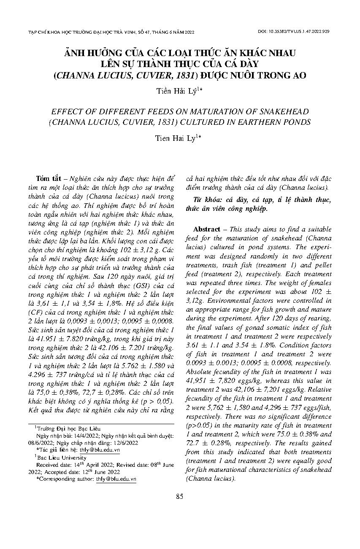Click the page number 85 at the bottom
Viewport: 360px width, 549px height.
point(180,496)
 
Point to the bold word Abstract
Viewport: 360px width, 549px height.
point(206,229)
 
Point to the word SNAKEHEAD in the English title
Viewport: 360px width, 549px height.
point(282,112)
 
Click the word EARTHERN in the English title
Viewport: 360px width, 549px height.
point(261,122)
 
